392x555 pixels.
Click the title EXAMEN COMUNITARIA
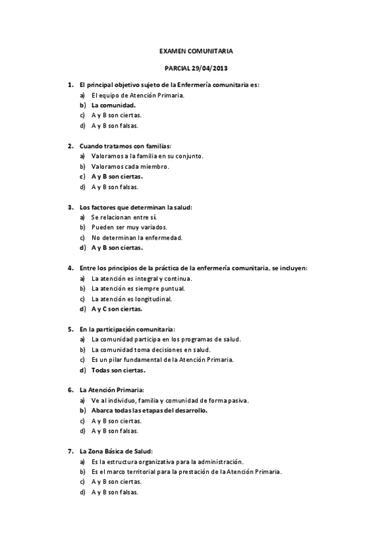196,50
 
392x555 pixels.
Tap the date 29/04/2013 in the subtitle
211,68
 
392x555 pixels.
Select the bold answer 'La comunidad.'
113,105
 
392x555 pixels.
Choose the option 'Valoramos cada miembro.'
130,166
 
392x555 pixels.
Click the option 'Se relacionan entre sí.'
124,217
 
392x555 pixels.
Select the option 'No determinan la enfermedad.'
137,238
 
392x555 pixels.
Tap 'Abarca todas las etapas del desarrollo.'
149,410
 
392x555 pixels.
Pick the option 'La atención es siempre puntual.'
138,288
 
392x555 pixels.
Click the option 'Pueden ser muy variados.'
129,227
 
